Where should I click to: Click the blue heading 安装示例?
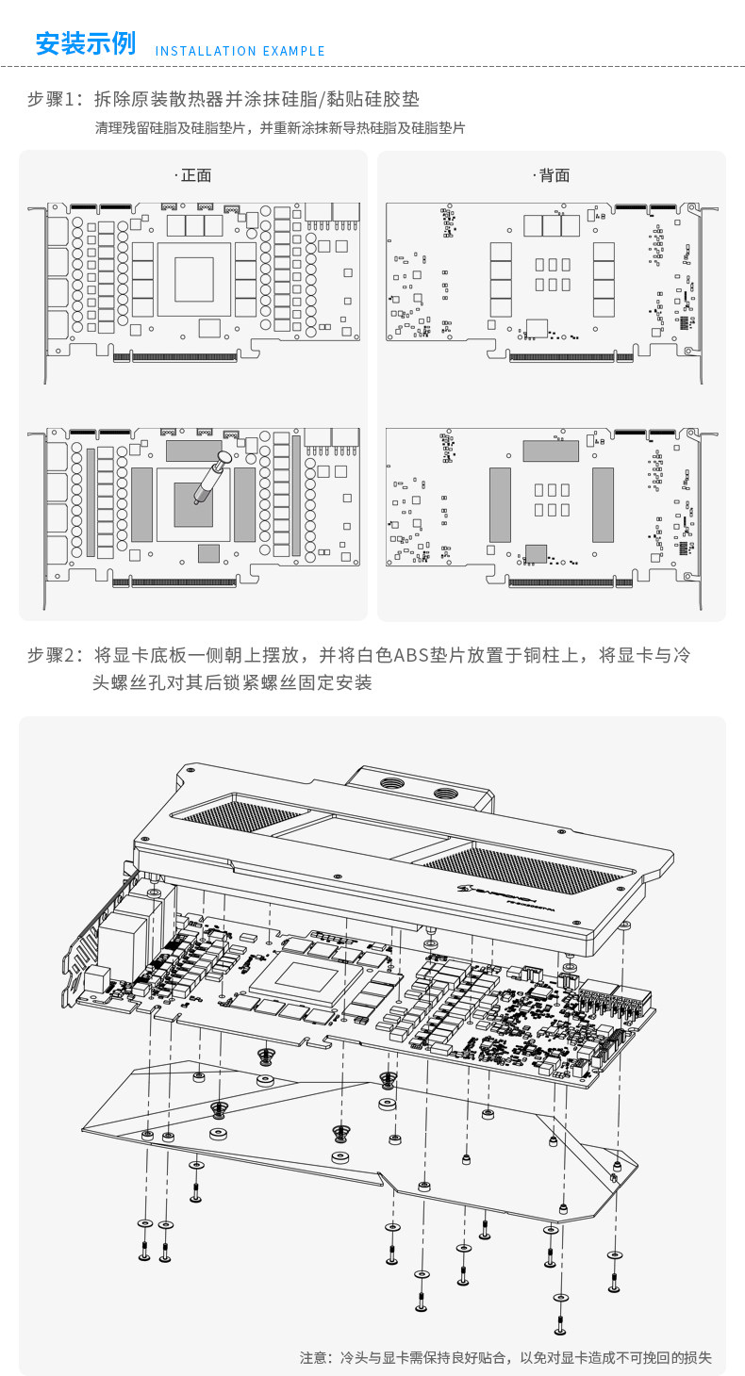tap(85, 44)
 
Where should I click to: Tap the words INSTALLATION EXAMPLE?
tap(240, 51)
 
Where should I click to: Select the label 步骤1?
tap(55, 99)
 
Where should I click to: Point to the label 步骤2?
tap(55, 655)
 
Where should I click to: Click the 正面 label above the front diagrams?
tap(195, 175)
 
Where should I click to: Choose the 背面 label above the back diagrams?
tap(554, 175)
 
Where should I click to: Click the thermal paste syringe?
tap(209, 478)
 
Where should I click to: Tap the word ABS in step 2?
tap(410, 655)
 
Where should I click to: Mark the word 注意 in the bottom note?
tap(314, 1357)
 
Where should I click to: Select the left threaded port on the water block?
tap(389, 782)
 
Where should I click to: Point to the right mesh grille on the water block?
tap(519, 868)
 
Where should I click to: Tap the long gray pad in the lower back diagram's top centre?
tap(551, 450)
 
